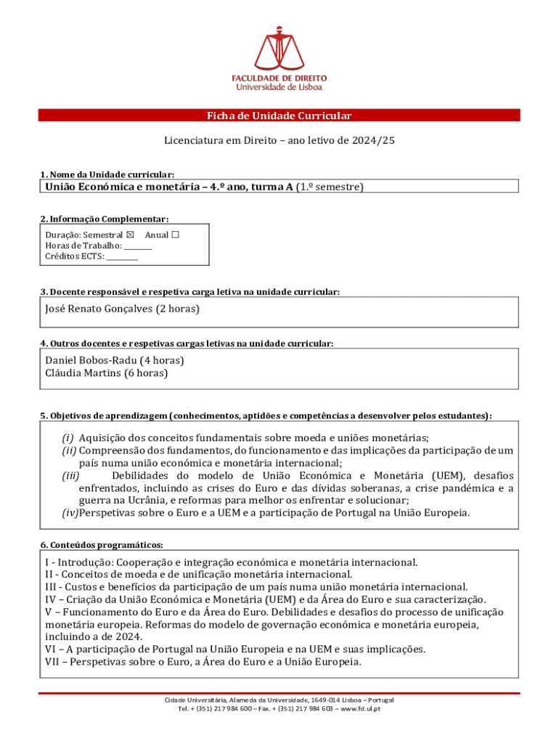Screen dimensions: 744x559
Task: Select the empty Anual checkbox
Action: [175, 235]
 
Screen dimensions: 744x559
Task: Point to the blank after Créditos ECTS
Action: [122, 256]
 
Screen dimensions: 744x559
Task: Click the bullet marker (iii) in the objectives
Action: [70, 476]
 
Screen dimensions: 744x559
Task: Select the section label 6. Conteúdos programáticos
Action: [102, 545]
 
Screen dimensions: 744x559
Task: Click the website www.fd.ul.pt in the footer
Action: [360, 709]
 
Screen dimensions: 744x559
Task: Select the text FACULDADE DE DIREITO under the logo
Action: [279, 78]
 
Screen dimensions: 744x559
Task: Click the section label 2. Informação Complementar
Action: [105, 219]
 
